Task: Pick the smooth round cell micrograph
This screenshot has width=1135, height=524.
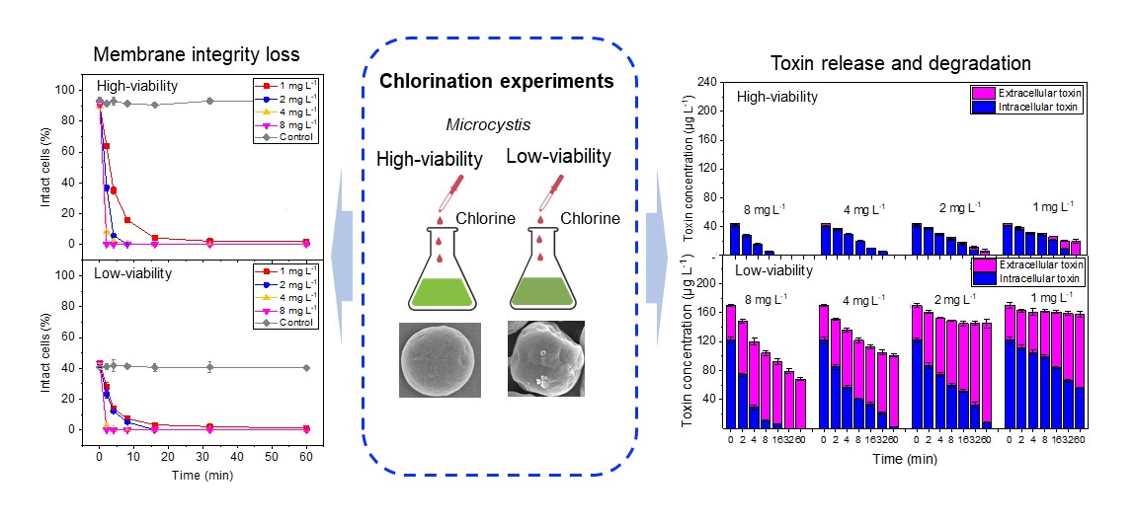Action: [440, 360]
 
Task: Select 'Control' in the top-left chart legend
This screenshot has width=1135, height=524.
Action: [295, 136]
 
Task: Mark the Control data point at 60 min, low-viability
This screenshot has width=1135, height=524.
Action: [306, 367]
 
